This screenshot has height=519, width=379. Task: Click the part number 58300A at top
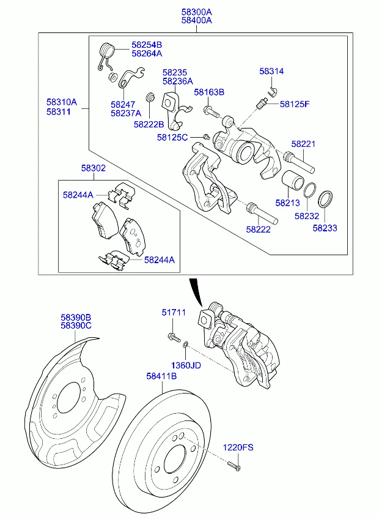tap(196, 11)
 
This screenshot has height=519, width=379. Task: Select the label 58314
tap(271, 72)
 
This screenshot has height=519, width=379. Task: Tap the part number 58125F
tap(295, 104)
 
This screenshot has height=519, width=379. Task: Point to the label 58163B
tap(209, 92)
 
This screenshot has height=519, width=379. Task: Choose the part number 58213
tap(287, 202)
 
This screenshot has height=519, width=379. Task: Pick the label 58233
tap(325, 228)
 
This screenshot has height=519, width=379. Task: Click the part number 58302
tap(94, 167)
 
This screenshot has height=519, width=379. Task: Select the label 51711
tap(174, 313)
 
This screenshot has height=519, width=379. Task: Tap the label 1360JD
tap(186, 365)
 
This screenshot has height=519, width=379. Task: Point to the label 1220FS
tap(237, 447)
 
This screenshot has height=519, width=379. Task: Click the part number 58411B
tap(161, 376)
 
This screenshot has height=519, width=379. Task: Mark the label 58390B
tap(76, 318)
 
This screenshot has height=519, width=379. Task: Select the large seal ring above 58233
tap(326, 199)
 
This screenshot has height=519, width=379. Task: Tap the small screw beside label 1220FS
tap(234, 466)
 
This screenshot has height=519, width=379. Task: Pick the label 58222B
tap(149, 124)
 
